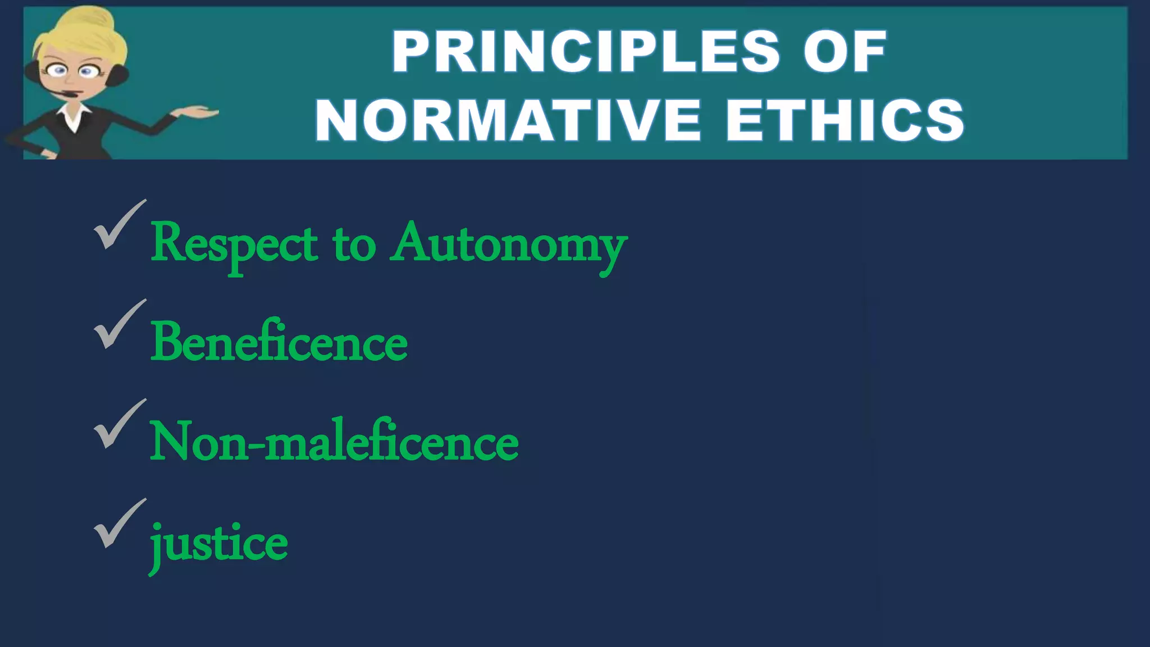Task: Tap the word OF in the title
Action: point(845,52)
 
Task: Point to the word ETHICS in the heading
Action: point(845,120)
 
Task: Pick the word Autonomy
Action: point(509,245)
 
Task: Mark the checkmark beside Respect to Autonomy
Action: point(118,225)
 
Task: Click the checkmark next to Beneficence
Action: point(118,324)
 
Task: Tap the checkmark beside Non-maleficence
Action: point(118,424)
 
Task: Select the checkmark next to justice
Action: point(118,523)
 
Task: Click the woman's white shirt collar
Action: point(73,115)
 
